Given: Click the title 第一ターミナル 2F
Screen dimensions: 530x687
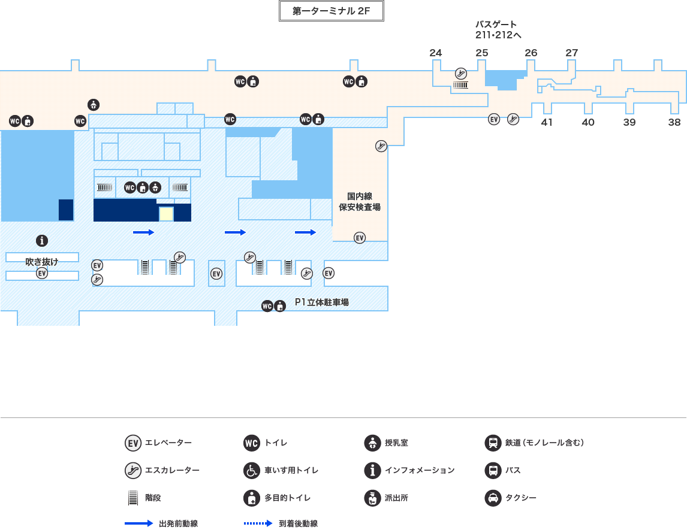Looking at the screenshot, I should point(331,11).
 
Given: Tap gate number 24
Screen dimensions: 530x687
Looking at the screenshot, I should point(436,53).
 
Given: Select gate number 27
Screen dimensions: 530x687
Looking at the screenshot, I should point(572,53).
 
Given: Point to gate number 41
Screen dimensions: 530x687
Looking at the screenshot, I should point(547,122).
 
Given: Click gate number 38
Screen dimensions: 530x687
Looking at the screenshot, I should point(675,122).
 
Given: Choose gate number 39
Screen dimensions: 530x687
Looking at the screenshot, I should point(629,122).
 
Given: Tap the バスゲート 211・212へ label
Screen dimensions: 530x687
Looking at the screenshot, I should point(498,29).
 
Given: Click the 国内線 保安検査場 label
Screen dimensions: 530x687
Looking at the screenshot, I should point(360,202).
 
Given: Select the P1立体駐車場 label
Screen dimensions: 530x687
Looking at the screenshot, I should point(322,303).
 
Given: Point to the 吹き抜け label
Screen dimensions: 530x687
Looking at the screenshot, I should point(42,262).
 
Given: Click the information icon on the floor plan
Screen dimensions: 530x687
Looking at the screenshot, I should point(42,241).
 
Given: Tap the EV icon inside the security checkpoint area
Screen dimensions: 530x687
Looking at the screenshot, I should point(360,238).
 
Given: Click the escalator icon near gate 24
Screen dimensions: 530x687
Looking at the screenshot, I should point(461,73).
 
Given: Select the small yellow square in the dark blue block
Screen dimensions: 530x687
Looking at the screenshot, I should point(166,214).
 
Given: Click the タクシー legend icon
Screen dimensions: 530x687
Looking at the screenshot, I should point(492,498).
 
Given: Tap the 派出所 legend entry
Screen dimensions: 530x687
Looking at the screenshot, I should point(386,498).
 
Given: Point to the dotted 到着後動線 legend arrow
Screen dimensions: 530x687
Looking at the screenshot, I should point(258,523).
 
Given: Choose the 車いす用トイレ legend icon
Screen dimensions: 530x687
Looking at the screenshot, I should point(252,471).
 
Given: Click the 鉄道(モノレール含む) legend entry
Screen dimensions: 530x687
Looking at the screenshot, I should point(534,443).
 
